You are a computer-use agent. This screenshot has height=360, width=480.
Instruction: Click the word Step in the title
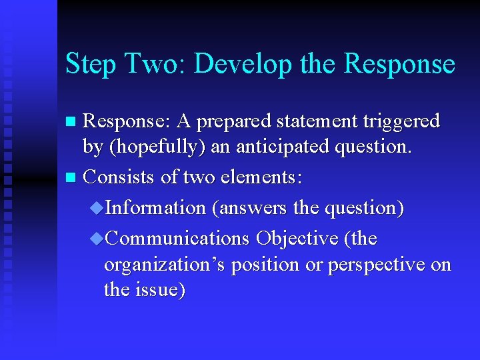coord(90,65)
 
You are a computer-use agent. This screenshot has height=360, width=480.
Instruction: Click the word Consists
coord(118,177)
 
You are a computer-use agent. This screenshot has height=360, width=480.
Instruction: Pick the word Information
coord(155,208)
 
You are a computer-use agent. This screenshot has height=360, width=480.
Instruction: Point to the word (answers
coord(249,208)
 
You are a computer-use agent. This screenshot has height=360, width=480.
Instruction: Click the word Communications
coord(177,238)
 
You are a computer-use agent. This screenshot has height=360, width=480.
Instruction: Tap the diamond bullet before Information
coord(97,209)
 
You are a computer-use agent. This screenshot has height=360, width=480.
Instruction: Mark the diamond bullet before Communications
coord(97,239)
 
